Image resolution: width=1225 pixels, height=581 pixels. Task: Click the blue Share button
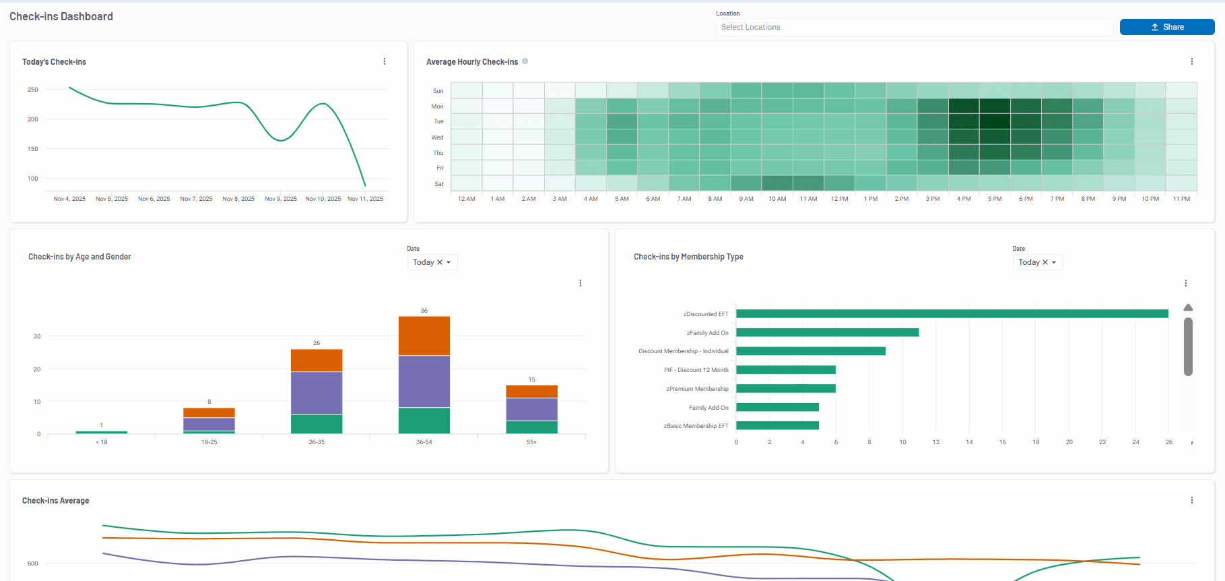point(1166,27)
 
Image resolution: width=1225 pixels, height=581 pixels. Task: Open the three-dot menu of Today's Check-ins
point(385,61)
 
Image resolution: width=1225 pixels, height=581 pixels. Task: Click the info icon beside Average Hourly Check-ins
point(525,61)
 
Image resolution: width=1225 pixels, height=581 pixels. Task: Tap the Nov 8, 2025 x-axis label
point(238,199)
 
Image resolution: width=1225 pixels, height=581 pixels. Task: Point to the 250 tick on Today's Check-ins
point(33,90)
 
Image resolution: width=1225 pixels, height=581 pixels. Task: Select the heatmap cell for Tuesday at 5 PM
point(995,121)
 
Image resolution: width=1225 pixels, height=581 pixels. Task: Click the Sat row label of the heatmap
point(439,184)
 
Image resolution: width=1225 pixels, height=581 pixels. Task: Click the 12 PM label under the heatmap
point(839,199)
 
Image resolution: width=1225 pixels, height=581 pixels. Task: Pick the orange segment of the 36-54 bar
point(424,336)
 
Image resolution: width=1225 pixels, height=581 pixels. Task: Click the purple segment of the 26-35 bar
point(317,392)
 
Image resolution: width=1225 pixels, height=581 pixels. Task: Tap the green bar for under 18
point(102,432)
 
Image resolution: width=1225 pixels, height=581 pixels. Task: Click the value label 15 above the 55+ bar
point(531,379)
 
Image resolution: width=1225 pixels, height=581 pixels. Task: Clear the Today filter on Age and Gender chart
point(440,262)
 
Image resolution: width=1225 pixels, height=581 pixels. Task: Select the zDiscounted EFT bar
point(952,314)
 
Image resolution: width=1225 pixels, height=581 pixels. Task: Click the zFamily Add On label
point(707,333)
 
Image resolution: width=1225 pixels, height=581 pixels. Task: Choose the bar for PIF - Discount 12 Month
point(785,370)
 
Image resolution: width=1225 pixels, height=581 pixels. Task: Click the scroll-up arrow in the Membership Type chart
point(1188,308)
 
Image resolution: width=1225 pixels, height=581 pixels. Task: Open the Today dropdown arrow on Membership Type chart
point(1054,262)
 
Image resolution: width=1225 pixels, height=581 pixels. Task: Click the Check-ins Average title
point(56,501)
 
